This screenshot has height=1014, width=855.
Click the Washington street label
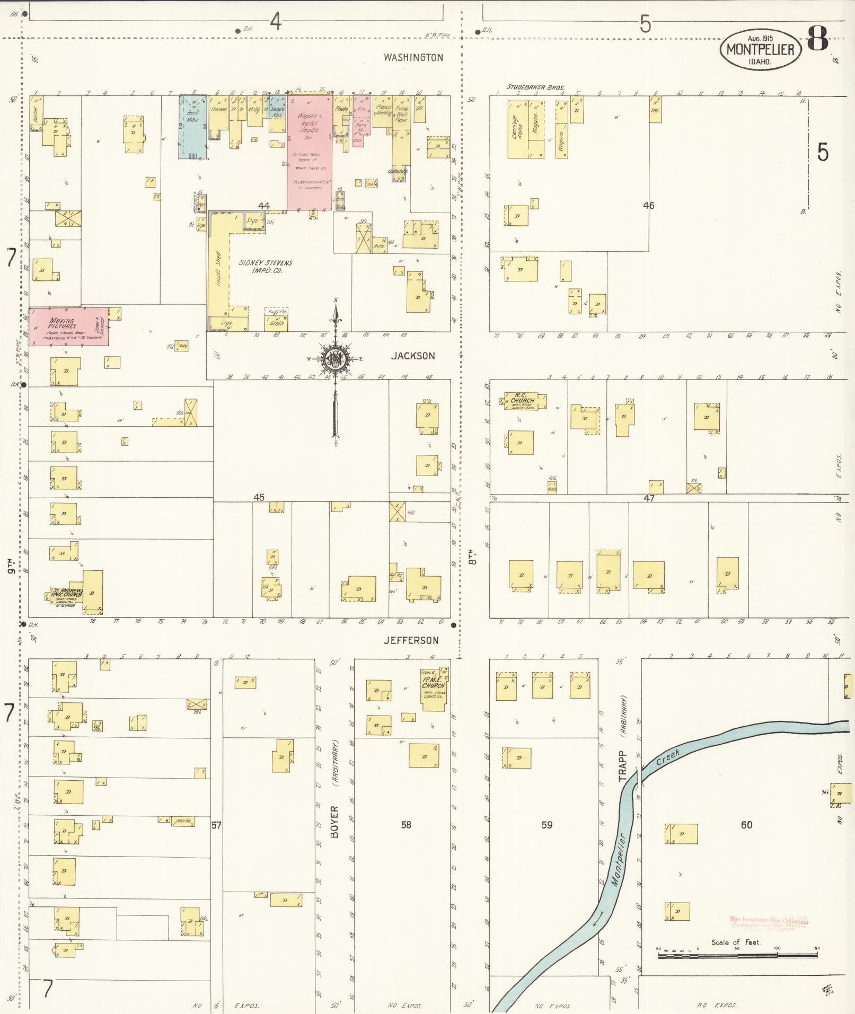click(413, 57)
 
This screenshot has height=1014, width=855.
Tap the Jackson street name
click(413, 356)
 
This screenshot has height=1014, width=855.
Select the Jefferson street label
click(411, 640)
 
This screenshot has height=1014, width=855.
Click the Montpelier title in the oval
click(760, 50)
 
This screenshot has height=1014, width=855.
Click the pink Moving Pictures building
click(68, 326)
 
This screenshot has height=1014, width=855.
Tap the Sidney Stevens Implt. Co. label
click(265, 266)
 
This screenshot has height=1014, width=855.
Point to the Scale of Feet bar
click(737, 955)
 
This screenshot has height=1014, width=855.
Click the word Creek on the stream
click(667, 760)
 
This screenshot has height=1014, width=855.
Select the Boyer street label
click(334, 822)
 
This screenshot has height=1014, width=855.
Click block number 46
click(649, 206)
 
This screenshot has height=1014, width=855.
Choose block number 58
click(406, 825)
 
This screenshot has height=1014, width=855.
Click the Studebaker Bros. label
click(535, 87)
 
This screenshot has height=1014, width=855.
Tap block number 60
click(746, 825)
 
